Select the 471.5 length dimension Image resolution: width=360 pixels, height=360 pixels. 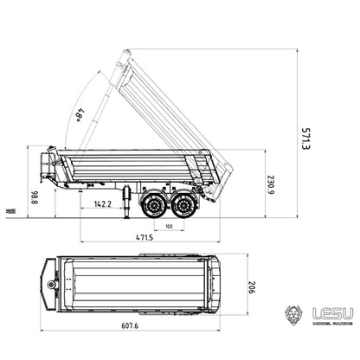click(145, 236)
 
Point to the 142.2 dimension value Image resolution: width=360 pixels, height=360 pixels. click(102, 204)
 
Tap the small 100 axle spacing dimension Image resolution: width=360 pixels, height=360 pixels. click(168, 227)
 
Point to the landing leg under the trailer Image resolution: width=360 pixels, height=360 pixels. click(129, 200)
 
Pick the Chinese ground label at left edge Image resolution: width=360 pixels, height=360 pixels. click(9, 210)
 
